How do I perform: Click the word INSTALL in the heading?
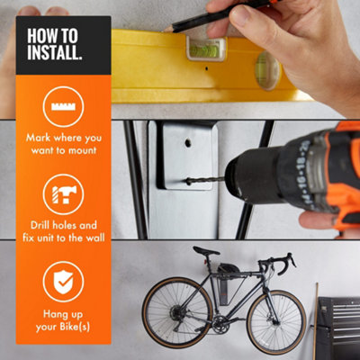point(54,52)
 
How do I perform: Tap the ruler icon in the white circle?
point(63,107)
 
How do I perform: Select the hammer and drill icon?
point(64,194)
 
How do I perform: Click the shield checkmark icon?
point(63,282)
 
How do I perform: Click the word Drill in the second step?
point(40,225)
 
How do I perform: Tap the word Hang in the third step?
point(53,315)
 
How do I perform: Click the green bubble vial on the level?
point(205,49)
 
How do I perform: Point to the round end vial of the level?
point(267,70)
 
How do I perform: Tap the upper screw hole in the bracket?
point(188,142)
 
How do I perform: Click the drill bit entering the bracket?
point(204,181)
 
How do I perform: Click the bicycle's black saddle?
point(206,251)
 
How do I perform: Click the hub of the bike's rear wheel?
point(177,313)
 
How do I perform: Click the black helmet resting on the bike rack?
point(229,268)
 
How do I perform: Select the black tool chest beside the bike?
point(338,328)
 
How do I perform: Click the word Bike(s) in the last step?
point(75,327)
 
